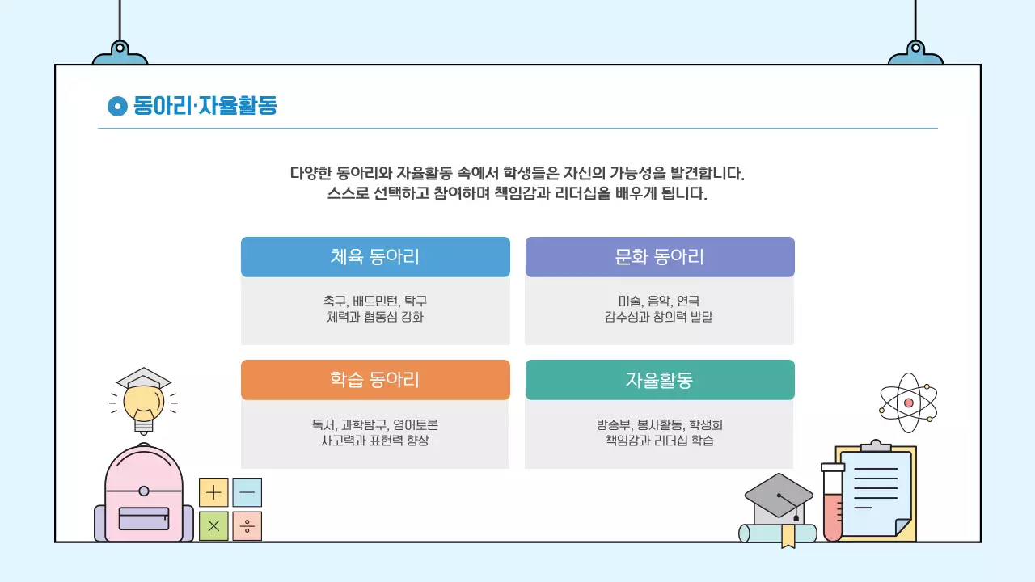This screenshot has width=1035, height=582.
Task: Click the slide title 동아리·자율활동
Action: pyautogui.click(x=205, y=106)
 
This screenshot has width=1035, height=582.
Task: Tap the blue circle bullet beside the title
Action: pyautogui.click(x=117, y=106)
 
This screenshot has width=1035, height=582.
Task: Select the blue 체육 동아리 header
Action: pyautogui.click(x=375, y=257)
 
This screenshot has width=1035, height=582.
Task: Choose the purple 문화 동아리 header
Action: pyautogui.click(x=660, y=257)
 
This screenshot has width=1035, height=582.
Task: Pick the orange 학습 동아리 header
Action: pyautogui.click(x=375, y=380)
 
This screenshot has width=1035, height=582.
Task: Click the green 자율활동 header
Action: pyautogui.click(x=660, y=380)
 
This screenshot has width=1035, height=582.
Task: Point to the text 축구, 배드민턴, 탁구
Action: pyautogui.click(x=375, y=302)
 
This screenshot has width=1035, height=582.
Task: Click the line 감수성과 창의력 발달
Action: pyautogui.click(x=659, y=318)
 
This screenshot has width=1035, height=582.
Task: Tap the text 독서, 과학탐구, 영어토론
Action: pyautogui.click(x=375, y=424)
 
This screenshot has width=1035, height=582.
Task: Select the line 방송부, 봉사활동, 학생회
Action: pyautogui.click(x=659, y=424)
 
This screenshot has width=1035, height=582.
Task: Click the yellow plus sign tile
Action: pyautogui.click(x=213, y=492)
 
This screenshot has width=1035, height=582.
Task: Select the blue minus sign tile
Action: pyautogui.click(x=247, y=492)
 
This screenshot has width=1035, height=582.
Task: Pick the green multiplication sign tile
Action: pyautogui.click(x=213, y=526)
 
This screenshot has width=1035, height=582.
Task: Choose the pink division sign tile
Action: pyautogui.click(x=247, y=526)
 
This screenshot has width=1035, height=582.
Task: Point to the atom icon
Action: pyautogui.click(x=908, y=402)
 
